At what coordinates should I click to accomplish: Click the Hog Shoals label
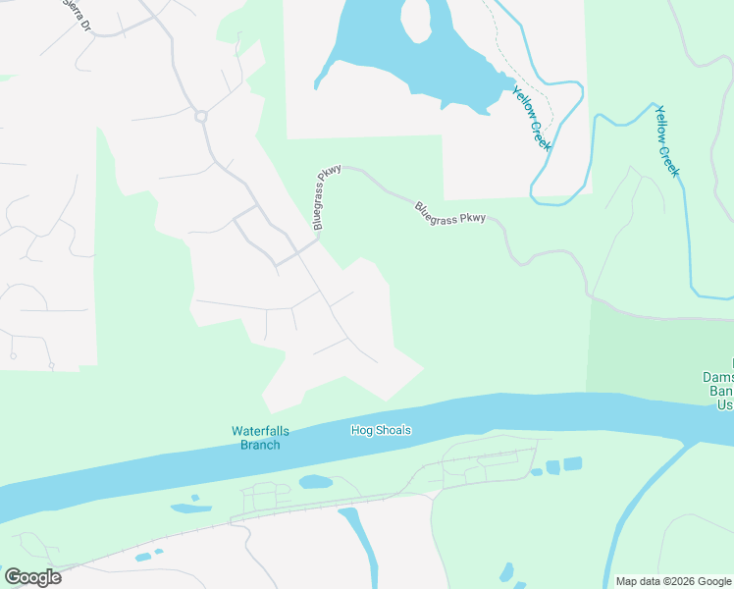tap(381, 430)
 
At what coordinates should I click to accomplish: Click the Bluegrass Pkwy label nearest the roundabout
tap(327, 197)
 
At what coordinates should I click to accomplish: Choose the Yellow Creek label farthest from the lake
tap(667, 140)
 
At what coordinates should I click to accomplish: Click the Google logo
tap(32, 576)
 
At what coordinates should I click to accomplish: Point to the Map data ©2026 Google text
tap(672, 581)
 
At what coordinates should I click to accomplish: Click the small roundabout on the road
tap(202, 117)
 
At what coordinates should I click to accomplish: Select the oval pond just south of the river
tap(315, 482)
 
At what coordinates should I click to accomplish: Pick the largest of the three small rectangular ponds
tap(572, 463)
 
